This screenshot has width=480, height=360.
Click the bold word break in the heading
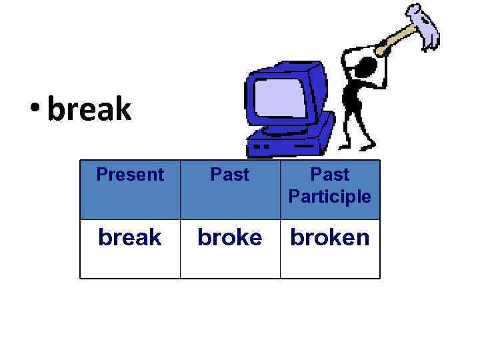(90, 109)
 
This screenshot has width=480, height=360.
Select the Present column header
(130, 175)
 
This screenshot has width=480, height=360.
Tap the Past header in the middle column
(230, 175)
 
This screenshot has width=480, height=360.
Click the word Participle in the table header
(329, 197)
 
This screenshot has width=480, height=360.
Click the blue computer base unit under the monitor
(293, 137)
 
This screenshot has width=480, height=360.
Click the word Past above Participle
(330, 175)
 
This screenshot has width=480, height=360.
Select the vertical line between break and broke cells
(180, 248)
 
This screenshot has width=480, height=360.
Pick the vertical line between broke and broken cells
(280, 248)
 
